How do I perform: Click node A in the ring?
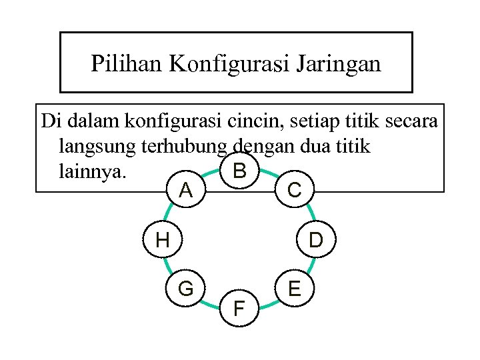tap(186, 191)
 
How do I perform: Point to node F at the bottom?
tap(239, 308)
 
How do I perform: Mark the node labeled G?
tap(186, 289)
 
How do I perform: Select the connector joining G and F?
tap(211, 301)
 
